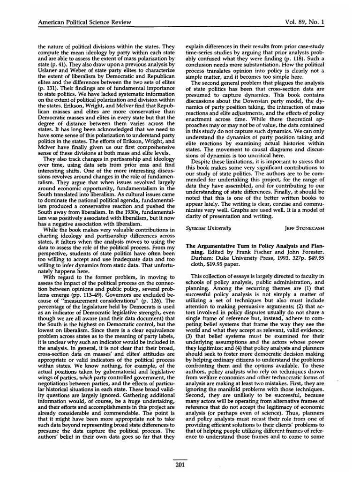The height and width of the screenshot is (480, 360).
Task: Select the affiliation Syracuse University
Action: [209, 228]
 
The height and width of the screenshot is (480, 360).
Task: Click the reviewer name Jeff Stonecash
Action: [302, 228]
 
